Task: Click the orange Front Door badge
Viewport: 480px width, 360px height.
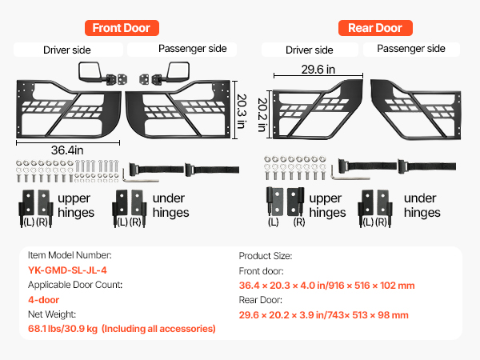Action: coord(122,28)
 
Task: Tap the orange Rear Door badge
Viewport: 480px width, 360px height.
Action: coord(375,28)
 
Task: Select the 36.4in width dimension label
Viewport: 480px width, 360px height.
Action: coord(67,150)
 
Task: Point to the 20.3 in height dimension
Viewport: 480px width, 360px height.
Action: coord(242,111)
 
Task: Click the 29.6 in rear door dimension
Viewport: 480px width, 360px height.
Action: coord(318,70)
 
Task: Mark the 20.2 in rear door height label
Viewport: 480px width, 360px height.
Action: coord(262,114)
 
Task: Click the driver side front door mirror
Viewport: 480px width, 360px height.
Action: coord(90,72)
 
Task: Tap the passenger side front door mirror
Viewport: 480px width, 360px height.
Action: coord(178,72)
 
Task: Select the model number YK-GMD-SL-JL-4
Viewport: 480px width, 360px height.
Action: coord(67,270)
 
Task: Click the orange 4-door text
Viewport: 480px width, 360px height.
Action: coord(43,300)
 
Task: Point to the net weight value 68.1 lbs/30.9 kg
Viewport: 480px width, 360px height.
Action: coord(62,329)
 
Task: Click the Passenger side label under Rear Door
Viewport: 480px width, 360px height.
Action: coord(411,49)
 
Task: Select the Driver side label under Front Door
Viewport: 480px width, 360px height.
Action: coord(67,50)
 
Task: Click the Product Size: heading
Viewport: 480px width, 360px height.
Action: coord(266,256)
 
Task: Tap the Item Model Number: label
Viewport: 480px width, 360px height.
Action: coord(70,255)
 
